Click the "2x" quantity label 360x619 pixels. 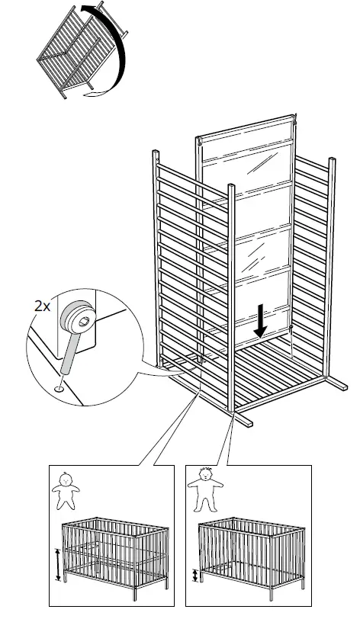[43, 306]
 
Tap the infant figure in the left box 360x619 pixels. [65, 492]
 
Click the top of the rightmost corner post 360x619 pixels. [332, 161]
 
